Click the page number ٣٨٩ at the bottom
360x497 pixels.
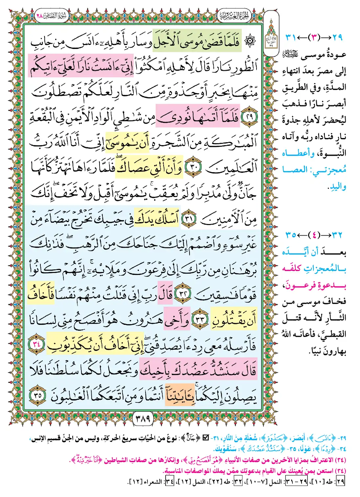coord(143,418)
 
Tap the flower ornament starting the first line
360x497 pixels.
coord(250,41)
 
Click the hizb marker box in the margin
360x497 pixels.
coord(271,41)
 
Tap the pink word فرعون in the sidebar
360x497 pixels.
coord(299,285)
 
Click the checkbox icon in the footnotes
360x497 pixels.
coord(206,438)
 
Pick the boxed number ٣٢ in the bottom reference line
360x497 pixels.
coord(237,482)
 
